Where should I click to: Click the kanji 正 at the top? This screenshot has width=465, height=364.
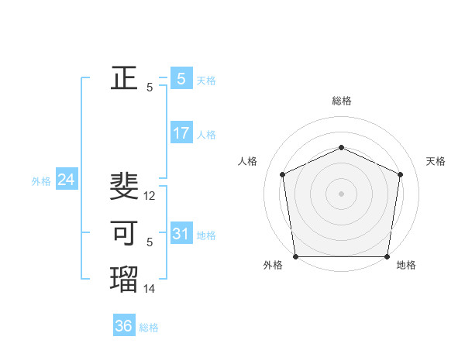tap(124, 77)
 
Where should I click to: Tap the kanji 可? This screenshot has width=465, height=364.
tap(124, 232)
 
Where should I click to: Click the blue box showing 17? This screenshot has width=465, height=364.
tap(181, 133)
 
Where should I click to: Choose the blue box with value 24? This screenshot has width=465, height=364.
tap(67, 180)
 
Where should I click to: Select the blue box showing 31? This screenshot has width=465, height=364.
tap(181, 233)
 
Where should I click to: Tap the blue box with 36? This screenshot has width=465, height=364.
tap(124, 326)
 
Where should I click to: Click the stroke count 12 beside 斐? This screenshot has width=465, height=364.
tap(150, 196)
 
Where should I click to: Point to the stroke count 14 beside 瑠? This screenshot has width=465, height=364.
tap(150, 289)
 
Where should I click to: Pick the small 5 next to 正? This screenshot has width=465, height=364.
tap(150, 88)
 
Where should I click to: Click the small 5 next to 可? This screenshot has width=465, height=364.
tap(150, 242)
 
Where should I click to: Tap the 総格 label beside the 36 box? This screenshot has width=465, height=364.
tap(149, 328)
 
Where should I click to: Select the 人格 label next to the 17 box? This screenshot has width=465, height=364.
tap(206, 135)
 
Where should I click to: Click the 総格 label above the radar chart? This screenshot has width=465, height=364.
tap(341, 101)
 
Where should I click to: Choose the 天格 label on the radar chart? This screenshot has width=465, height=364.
tap(436, 161)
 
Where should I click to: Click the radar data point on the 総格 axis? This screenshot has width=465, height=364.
tap(341, 147)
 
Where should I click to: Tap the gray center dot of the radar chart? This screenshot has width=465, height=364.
tap(341, 193)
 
